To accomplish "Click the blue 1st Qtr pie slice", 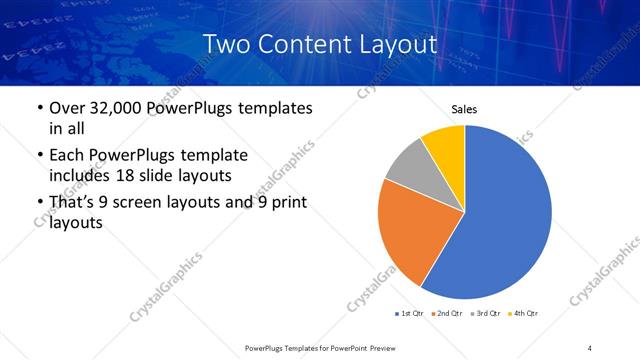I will [x=505, y=215].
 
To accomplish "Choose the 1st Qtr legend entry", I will [x=409, y=314].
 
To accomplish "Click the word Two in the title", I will [x=225, y=44].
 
